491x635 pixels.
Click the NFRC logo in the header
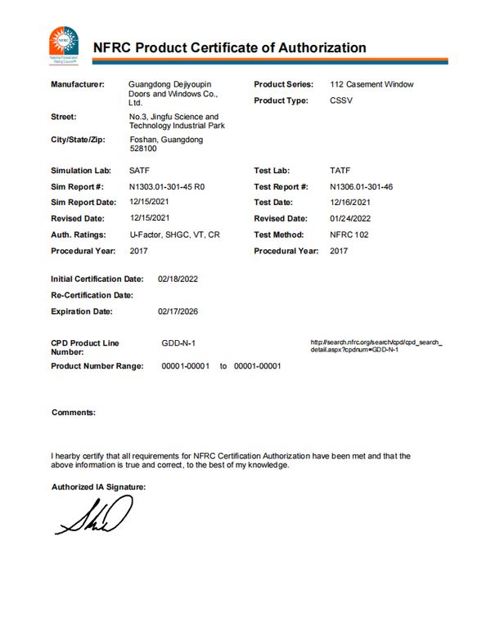(x=64, y=44)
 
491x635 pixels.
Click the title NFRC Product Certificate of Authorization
(x=229, y=47)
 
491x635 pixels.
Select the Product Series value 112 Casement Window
(x=372, y=84)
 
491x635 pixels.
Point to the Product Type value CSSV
(x=342, y=101)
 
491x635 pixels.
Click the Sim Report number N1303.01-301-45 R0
(x=167, y=186)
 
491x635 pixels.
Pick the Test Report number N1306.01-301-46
(x=362, y=186)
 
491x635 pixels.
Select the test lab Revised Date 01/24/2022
(x=350, y=218)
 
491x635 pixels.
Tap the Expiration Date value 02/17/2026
(x=178, y=311)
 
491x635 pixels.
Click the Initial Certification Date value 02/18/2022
(x=178, y=279)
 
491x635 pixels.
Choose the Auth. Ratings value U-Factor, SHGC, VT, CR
(x=174, y=235)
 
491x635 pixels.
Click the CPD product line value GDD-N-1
(x=178, y=342)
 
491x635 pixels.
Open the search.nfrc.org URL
(x=376, y=346)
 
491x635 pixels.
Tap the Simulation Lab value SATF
(x=139, y=170)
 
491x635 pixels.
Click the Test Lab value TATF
(x=340, y=170)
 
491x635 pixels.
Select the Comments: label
(x=74, y=412)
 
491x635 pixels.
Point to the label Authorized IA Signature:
(x=98, y=486)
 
